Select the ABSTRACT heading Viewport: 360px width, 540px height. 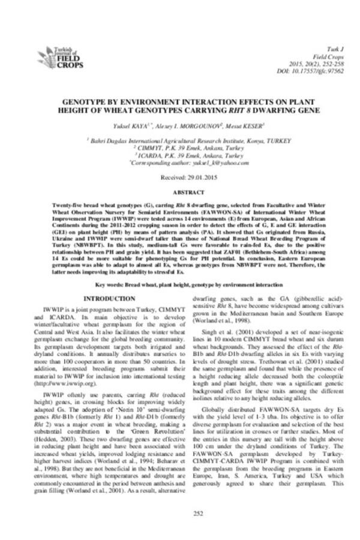click(x=179, y=193)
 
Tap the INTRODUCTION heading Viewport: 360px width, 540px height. click(x=112, y=298)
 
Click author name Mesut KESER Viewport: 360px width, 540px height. click(x=232, y=125)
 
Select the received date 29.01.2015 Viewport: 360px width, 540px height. click(x=179, y=179)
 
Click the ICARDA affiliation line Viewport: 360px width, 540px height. click(x=180, y=155)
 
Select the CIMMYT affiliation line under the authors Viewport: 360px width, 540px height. click(x=180, y=147)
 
